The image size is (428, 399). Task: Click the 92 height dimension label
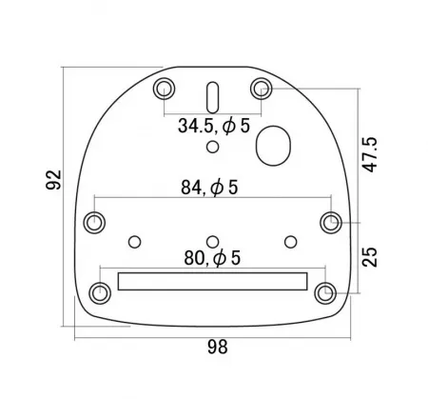(53, 180)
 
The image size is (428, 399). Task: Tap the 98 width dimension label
(218, 347)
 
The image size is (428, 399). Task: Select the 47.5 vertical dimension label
(370, 154)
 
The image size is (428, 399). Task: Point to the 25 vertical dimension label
(370, 257)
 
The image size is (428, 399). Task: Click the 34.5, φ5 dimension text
(214, 126)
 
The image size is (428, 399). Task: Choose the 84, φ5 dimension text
(209, 188)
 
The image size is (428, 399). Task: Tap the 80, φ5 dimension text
(212, 258)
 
